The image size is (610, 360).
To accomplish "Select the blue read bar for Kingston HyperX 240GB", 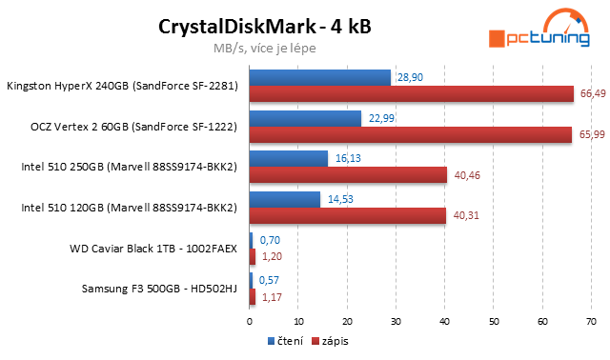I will click(320, 77).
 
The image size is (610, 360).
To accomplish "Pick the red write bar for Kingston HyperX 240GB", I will click(412, 93).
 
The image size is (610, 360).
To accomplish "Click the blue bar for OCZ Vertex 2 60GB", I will click(305, 118).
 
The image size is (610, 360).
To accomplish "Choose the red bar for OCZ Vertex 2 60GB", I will click(411, 134).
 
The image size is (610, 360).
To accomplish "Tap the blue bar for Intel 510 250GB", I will click(289, 159).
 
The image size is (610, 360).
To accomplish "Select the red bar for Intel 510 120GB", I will click(348, 216).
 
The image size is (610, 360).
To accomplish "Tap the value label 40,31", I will click(464, 217).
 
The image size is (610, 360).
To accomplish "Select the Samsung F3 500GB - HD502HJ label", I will click(160, 290).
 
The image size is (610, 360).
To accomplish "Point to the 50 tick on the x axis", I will click(494, 321).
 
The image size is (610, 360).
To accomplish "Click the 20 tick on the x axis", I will click(347, 321).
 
